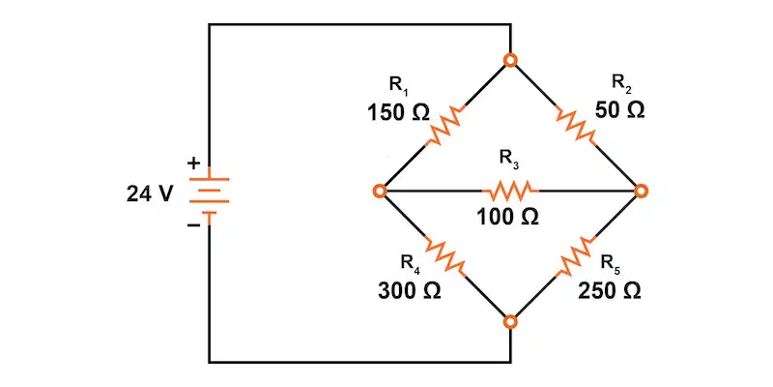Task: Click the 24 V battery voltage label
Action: (150, 194)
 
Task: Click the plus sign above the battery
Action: (195, 163)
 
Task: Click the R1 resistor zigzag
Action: (445, 126)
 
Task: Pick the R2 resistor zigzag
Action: (575, 126)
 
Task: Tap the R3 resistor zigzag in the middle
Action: (510, 190)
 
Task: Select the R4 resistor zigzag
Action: (445, 255)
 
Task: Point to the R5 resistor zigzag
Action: (575, 255)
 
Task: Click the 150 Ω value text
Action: (398, 113)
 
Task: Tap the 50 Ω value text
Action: (619, 110)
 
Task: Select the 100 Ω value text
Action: (507, 217)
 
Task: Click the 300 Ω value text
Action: (410, 291)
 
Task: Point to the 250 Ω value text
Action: (610, 291)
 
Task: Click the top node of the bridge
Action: (511, 60)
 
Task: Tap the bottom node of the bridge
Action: (511, 322)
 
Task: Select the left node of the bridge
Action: (380, 191)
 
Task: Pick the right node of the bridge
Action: (641, 191)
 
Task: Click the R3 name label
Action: (509, 159)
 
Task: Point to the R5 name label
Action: (611, 263)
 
